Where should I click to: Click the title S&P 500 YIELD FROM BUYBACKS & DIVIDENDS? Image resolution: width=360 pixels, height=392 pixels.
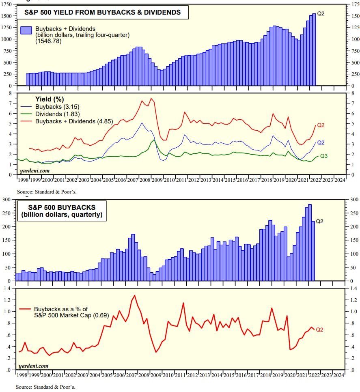click(x=102, y=13)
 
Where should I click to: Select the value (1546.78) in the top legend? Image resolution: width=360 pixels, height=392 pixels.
click(x=48, y=41)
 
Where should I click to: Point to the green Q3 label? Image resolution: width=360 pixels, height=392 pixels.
click(x=324, y=156)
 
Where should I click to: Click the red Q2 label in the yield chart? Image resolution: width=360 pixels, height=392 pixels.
click(x=321, y=125)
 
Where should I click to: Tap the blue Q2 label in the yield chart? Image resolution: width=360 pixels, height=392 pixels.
click(x=321, y=142)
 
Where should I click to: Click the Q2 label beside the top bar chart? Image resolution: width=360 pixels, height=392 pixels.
click(x=321, y=13)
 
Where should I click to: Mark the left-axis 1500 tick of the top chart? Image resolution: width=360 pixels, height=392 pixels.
click(x=7, y=16)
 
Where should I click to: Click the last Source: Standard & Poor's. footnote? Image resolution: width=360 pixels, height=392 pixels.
click(x=45, y=387)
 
